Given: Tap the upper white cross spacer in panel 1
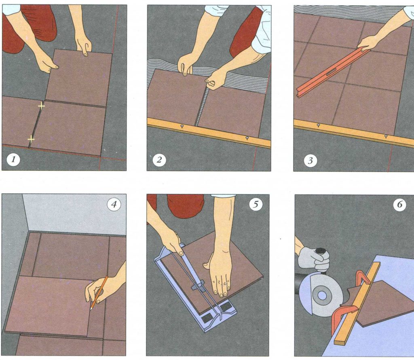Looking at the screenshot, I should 41,106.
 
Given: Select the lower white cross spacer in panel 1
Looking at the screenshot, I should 31,139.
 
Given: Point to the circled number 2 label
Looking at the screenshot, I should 159,160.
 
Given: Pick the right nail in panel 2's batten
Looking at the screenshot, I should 247,138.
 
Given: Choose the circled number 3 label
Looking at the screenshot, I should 310,160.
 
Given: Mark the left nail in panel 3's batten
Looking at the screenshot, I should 319,125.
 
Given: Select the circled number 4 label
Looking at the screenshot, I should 114,204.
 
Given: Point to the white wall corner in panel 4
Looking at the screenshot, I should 73,214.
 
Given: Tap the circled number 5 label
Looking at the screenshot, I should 255,204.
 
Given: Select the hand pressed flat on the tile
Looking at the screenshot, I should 219,275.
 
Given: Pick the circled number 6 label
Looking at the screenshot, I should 399,205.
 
